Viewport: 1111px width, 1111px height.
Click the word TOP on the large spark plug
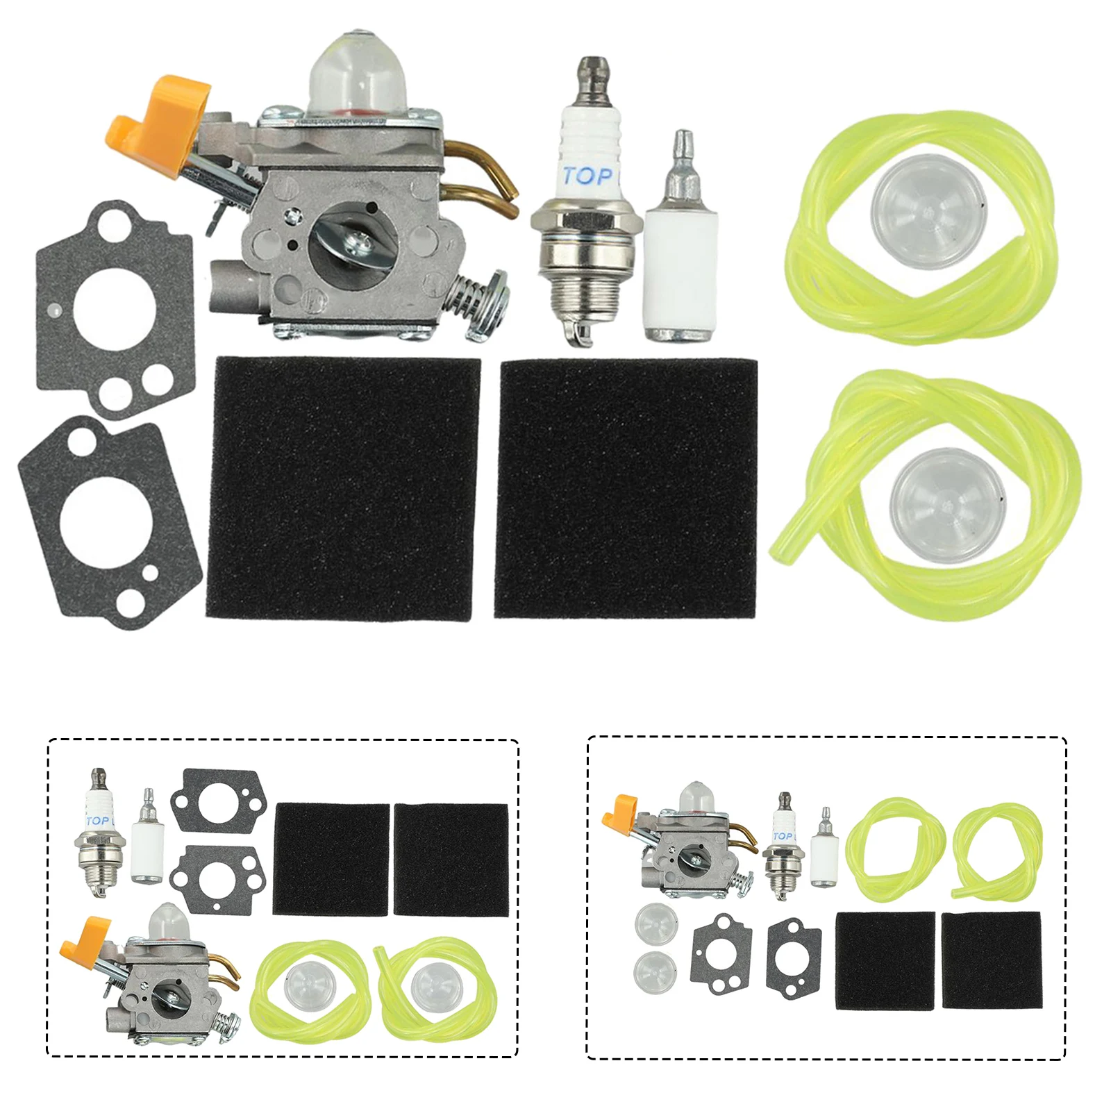(x=587, y=175)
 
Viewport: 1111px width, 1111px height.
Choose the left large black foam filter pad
(x=343, y=488)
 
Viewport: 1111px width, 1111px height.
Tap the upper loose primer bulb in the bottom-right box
(x=655, y=924)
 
